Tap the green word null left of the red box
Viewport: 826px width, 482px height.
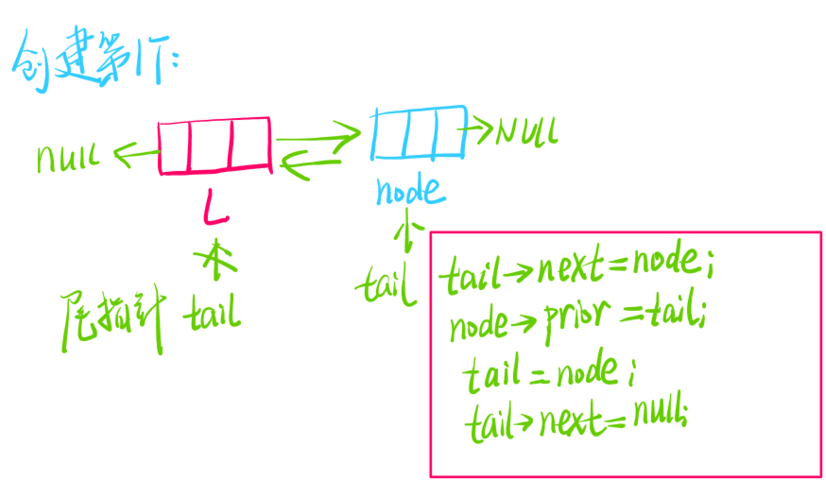(x=68, y=156)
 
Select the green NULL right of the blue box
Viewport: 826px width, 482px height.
(x=525, y=130)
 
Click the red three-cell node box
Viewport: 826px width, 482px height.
(x=215, y=145)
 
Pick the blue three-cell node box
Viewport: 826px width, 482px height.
(x=419, y=131)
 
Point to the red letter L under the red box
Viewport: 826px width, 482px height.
(x=216, y=208)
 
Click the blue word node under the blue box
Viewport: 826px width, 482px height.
(x=408, y=191)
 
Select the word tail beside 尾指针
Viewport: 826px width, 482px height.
(x=215, y=309)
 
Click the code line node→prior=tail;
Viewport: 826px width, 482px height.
(x=578, y=324)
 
